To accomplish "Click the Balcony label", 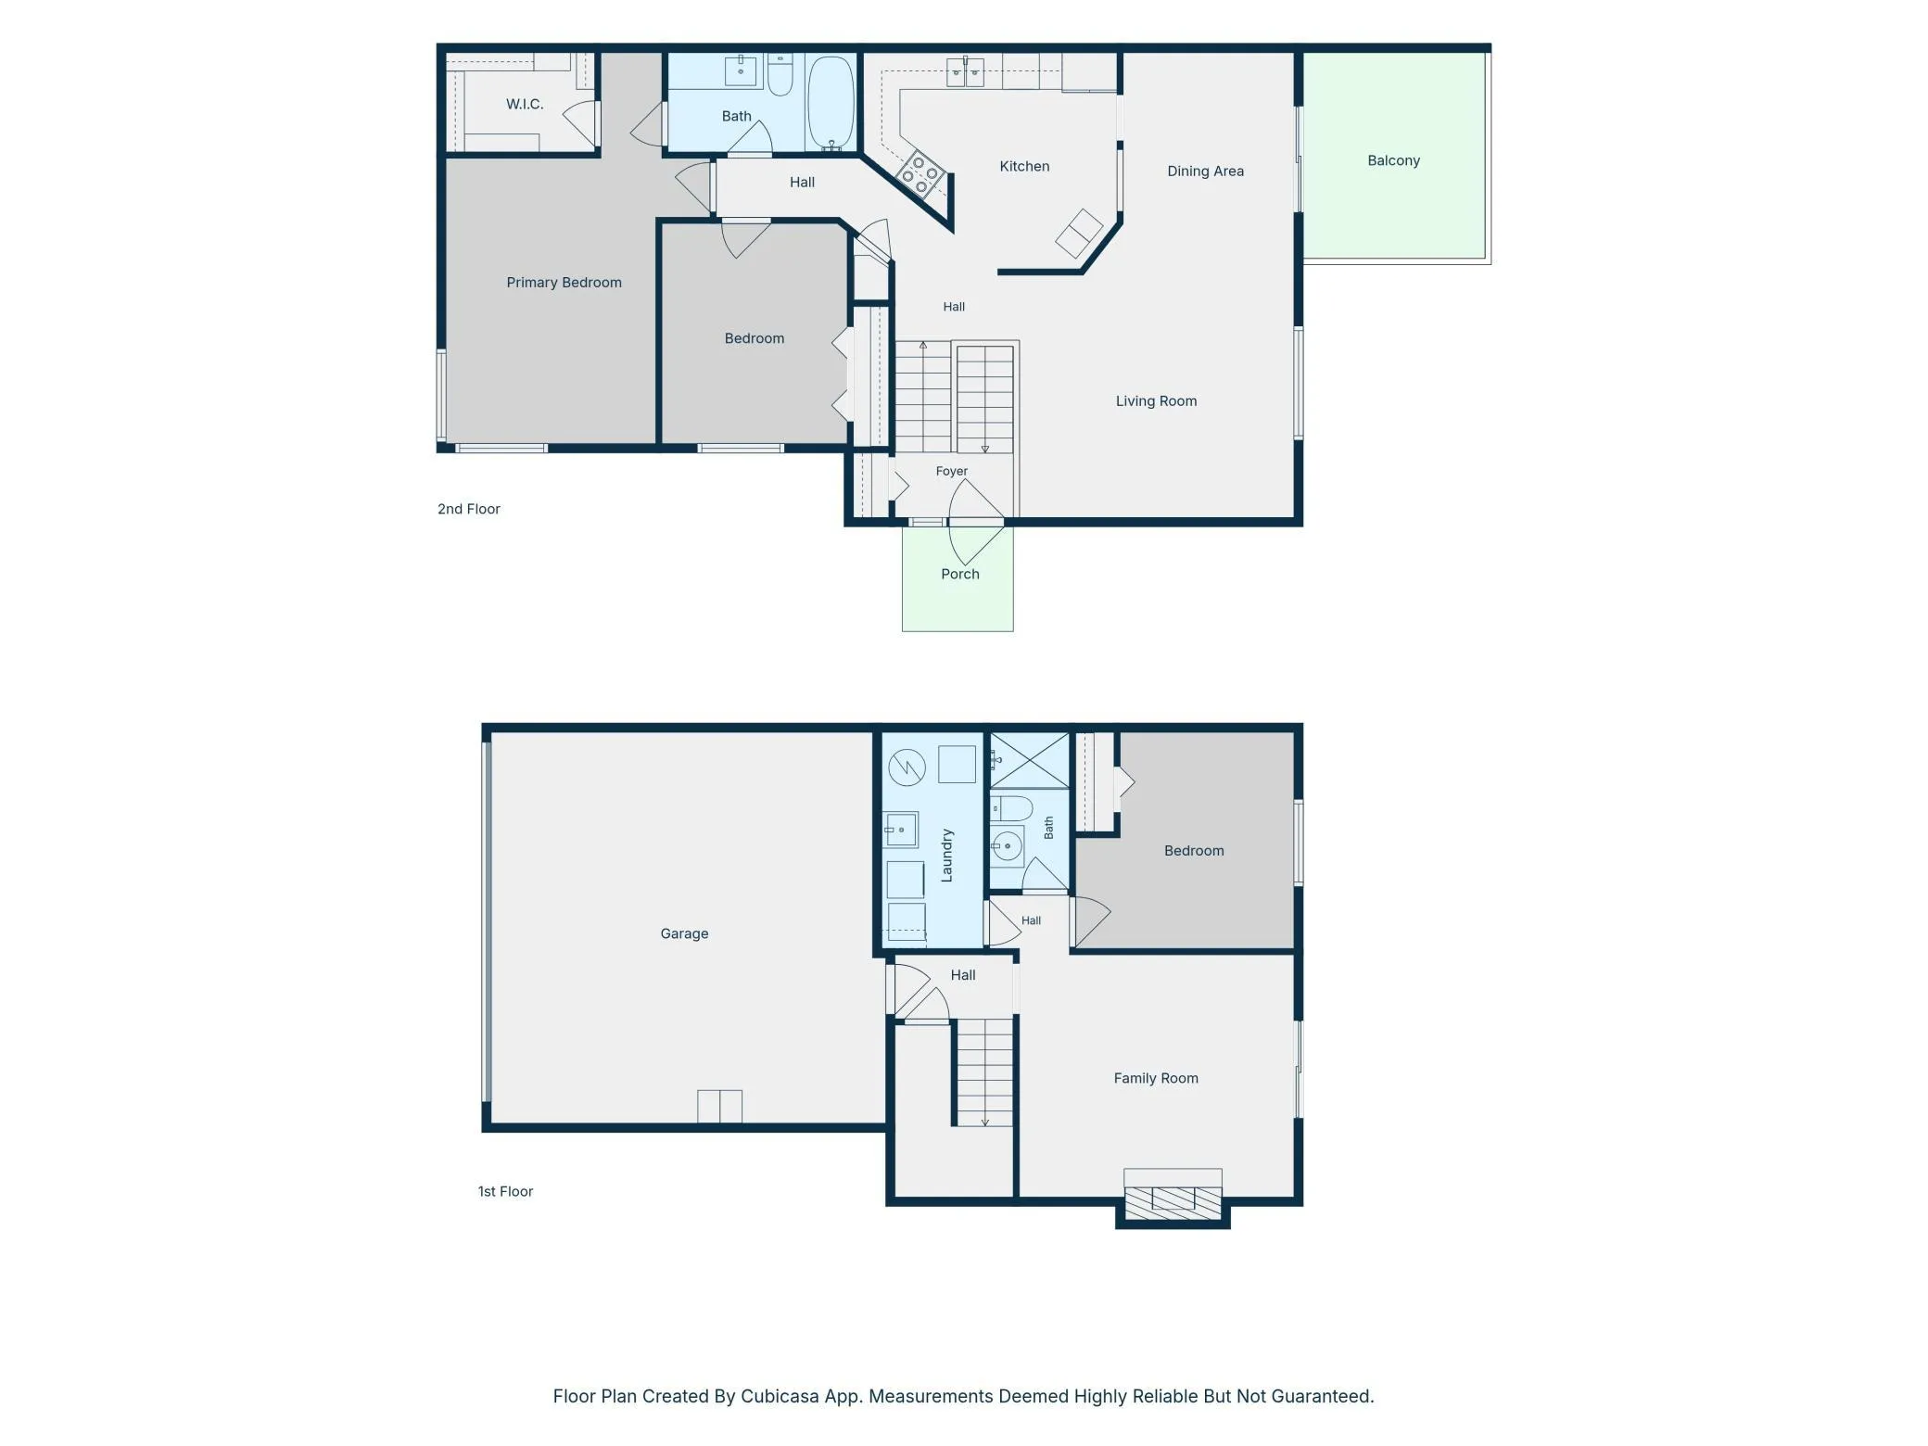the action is [1393, 160].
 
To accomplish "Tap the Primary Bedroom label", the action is [564, 283].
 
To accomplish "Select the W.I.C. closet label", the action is [525, 104].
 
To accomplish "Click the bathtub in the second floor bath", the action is [830, 102].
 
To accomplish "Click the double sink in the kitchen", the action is [965, 71].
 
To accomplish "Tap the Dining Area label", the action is [1205, 171].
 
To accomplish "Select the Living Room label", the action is [1156, 401].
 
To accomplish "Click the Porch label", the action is [959, 574].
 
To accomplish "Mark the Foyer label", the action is [951, 471].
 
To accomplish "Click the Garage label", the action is [684, 933].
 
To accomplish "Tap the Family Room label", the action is [1156, 1078].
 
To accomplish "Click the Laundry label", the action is [946, 856].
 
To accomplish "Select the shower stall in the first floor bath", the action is [1029, 760].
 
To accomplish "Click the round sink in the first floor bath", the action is [1006, 846].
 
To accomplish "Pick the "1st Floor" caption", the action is [505, 1191].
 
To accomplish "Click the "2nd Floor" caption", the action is [468, 509].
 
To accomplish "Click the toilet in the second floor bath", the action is [780, 74].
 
